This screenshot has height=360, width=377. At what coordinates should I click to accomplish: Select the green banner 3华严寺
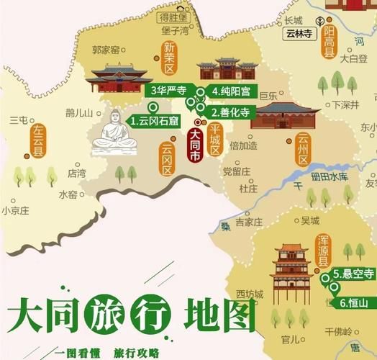(x=168, y=91)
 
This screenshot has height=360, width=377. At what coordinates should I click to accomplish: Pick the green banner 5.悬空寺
(x=353, y=274)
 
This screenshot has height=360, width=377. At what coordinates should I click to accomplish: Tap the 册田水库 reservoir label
(x=330, y=176)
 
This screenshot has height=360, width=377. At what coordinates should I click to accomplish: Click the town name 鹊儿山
(x=79, y=112)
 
